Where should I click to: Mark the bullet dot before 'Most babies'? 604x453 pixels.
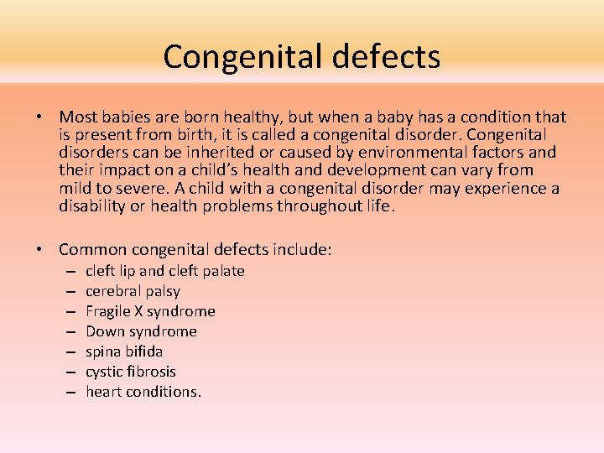coord(40,117)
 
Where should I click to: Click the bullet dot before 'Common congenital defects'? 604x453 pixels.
coord(40,249)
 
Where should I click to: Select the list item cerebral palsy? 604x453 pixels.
coord(133,291)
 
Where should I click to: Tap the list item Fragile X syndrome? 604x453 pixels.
coord(150,311)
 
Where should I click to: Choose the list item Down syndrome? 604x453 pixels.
coord(141,331)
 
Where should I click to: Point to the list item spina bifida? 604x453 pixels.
coord(124,351)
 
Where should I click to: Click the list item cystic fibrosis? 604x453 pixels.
coord(131,372)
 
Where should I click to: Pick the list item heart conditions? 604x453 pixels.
coord(143,392)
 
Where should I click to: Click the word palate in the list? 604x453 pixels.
coord(222,271)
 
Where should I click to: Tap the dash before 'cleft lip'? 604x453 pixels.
coord(68,272)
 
